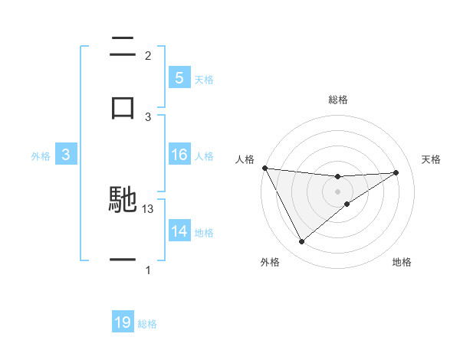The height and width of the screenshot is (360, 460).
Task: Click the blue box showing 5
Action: pyautogui.click(x=179, y=77)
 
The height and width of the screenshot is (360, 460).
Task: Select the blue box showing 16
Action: pyautogui.click(x=179, y=155)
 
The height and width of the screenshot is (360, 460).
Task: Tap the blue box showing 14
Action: pyautogui.click(x=179, y=231)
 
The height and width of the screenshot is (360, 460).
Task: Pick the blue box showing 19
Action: pyautogui.click(x=123, y=322)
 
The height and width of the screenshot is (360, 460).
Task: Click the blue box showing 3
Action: pyautogui.click(x=65, y=155)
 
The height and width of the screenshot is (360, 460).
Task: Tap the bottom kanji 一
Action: pyautogui.click(x=123, y=260)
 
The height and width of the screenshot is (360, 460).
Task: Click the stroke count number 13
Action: pyautogui.click(x=149, y=209)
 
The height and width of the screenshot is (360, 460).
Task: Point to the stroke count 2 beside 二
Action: pyautogui.click(x=148, y=56)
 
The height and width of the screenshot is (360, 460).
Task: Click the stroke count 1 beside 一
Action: pyautogui.click(x=148, y=270)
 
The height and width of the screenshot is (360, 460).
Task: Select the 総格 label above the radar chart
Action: pyautogui.click(x=337, y=100)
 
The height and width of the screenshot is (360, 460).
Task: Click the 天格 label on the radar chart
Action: pyautogui.click(x=432, y=159)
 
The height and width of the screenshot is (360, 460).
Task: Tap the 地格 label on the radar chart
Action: pyautogui.click(x=402, y=262)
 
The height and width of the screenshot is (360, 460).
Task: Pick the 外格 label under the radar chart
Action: pyautogui.click(x=270, y=262)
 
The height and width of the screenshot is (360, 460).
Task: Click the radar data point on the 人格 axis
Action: pyautogui.click(x=264, y=168)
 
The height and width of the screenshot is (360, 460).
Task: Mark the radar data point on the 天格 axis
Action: pyautogui.click(x=396, y=172)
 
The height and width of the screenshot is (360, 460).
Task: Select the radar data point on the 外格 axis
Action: pyautogui.click(x=301, y=242)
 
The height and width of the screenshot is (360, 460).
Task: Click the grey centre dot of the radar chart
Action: pyautogui.click(x=337, y=191)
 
